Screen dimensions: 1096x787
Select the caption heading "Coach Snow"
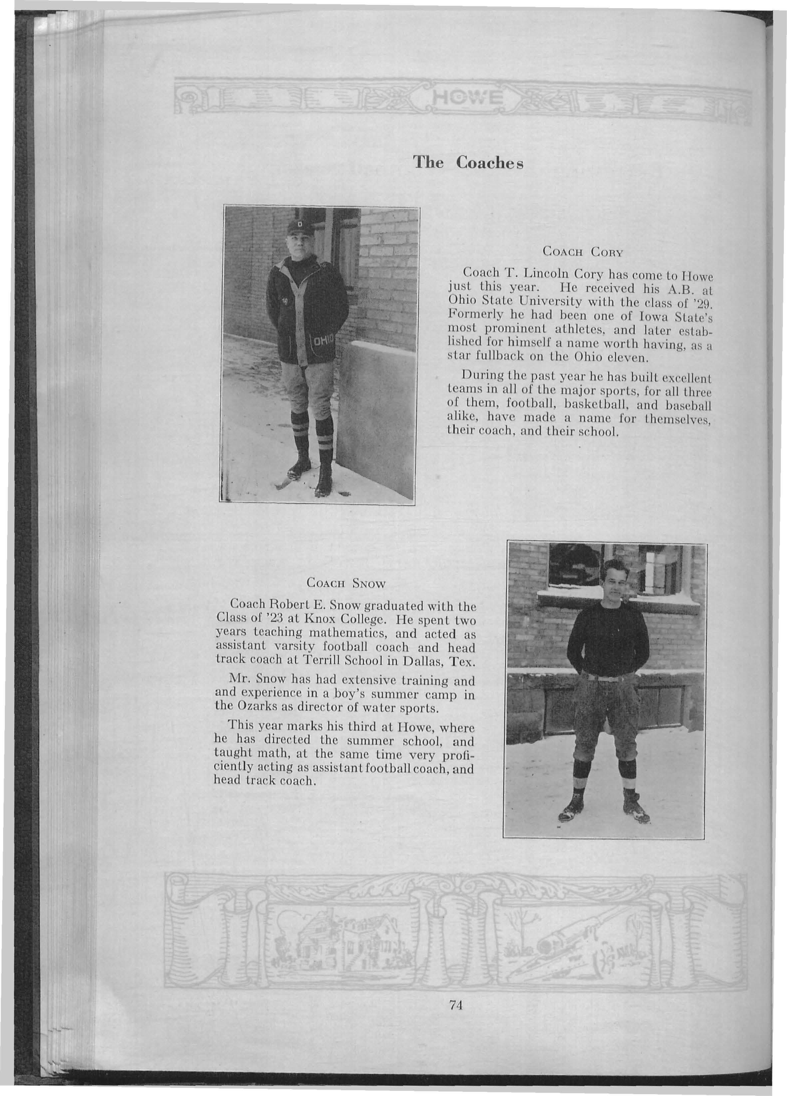click(x=346, y=583)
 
